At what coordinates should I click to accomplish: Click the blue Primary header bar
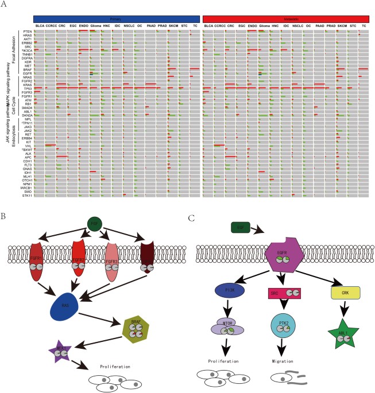click(116, 19)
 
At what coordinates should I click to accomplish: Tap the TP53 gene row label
click(27, 88)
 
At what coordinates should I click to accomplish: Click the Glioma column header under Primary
click(95, 26)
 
